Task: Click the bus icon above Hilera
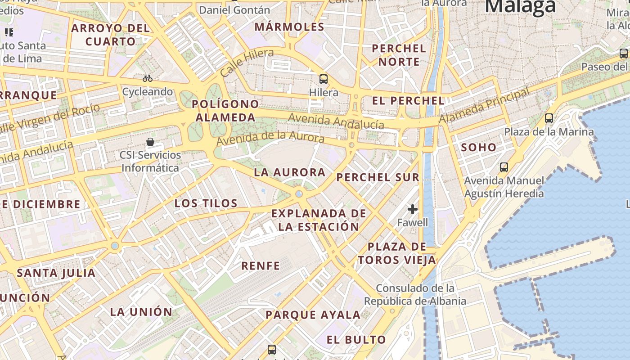pos(323,79)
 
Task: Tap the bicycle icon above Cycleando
pos(148,78)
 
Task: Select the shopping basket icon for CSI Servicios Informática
pos(150,142)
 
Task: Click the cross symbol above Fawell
pos(413,209)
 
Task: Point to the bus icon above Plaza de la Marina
pos(549,118)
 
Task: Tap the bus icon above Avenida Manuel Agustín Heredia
pos(504,167)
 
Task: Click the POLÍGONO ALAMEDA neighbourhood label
pos(225,111)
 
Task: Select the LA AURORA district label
pos(289,172)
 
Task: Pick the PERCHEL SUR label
pos(378,177)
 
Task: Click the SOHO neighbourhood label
pos(479,147)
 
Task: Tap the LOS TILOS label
pos(206,203)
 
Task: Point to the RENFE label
pos(261,266)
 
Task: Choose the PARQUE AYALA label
pos(313,315)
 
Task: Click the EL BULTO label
pos(356,340)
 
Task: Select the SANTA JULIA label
pos(56,273)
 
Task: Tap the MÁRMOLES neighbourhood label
pos(289,27)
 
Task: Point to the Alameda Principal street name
pos(485,106)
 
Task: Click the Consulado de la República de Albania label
pos(415,295)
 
